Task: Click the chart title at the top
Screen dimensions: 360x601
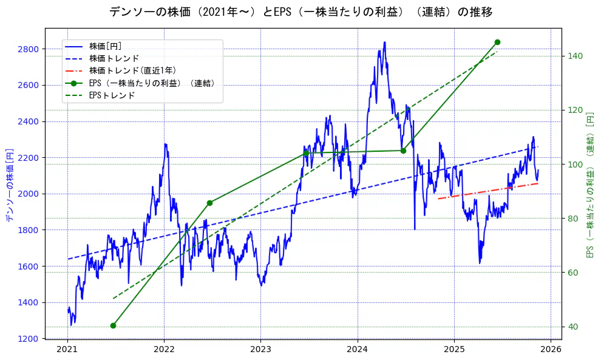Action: tap(300, 12)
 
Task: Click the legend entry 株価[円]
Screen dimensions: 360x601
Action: tap(109, 46)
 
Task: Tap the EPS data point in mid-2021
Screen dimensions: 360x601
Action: tap(113, 326)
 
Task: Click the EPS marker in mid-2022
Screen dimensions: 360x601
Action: tap(209, 203)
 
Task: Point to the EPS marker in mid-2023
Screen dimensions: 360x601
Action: tap(306, 152)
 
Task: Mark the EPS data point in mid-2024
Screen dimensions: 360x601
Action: tap(403, 151)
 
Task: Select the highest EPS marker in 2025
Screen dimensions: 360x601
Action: tap(497, 42)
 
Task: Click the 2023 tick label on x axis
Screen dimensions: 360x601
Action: tap(260, 349)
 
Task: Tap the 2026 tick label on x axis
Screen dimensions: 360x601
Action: tap(551, 349)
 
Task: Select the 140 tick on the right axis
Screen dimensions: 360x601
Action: tap(574, 56)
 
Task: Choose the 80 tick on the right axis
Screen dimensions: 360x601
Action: tap(572, 219)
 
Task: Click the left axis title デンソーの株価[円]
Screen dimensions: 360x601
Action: tap(9, 185)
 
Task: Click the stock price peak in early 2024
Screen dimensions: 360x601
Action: tap(384, 42)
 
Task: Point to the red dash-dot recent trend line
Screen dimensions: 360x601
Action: tap(486, 191)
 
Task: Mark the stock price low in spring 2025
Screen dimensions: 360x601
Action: tap(480, 263)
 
